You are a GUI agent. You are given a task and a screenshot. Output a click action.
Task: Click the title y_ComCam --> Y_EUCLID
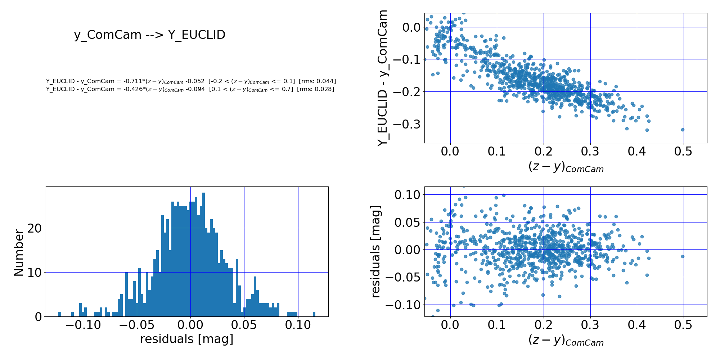pyautogui.click(x=149, y=35)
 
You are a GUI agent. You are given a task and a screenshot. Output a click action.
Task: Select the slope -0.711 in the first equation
pyautogui.click(x=131, y=81)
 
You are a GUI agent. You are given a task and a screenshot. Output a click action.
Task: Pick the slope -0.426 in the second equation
pyautogui.click(x=131, y=89)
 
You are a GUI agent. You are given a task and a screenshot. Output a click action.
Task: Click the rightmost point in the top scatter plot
pyautogui.click(x=683, y=130)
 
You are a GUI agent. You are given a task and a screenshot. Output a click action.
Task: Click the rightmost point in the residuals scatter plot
pyautogui.click(x=683, y=256)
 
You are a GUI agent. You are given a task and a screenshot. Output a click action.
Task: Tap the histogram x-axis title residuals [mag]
pyautogui.click(x=186, y=339)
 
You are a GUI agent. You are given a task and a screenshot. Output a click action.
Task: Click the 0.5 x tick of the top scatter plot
pyautogui.click(x=683, y=152)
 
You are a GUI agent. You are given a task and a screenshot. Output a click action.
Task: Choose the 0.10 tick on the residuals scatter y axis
pyautogui.click(x=407, y=195)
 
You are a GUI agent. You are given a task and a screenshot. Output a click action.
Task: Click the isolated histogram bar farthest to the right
pyautogui.click(x=314, y=314)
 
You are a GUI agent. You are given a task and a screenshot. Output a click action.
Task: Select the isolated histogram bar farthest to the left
pyautogui.click(x=60, y=314)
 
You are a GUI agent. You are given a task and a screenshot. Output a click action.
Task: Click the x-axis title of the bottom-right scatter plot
pyautogui.click(x=566, y=340)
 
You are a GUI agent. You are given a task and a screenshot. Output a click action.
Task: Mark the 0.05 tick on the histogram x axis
pyautogui.click(x=244, y=325)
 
